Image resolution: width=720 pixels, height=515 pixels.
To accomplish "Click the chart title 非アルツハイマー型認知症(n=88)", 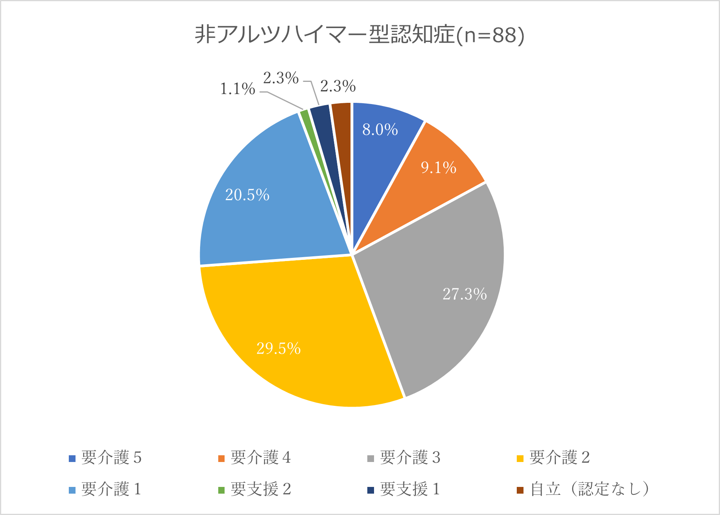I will coord(359,35).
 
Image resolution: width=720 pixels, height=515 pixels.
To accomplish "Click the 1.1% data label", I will coord(237,89).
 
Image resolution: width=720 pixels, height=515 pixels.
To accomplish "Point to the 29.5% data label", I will coord(278,348).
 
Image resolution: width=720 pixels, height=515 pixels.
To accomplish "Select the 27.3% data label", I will coord(465,294).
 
